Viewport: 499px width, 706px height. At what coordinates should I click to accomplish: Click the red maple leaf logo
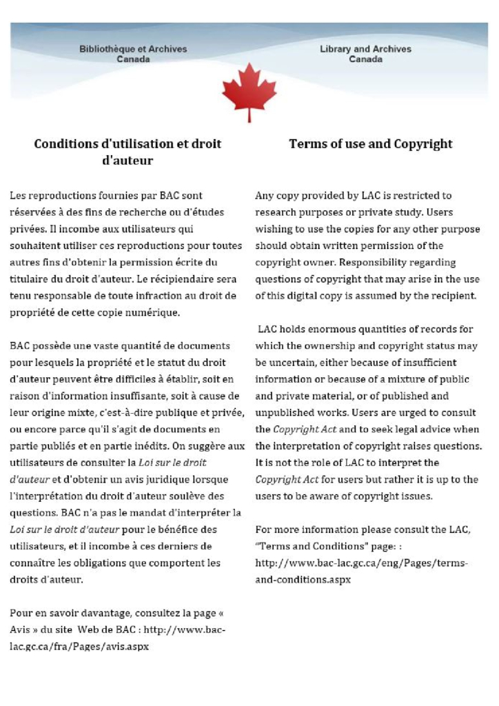point(249,92)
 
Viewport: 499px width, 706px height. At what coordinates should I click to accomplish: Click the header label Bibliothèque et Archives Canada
point(133,54)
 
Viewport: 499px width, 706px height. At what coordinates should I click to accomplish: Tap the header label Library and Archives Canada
point(365,54)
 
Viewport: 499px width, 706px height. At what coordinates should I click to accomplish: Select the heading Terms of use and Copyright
point(371,144)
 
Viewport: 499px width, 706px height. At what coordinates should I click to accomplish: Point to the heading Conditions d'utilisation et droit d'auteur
point(128,152)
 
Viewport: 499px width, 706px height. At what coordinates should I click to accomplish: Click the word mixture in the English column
point(412,379)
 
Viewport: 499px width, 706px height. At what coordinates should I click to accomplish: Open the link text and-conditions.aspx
point(303,580)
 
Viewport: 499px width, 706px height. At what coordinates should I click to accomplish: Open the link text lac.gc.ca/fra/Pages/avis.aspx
point(79,647)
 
